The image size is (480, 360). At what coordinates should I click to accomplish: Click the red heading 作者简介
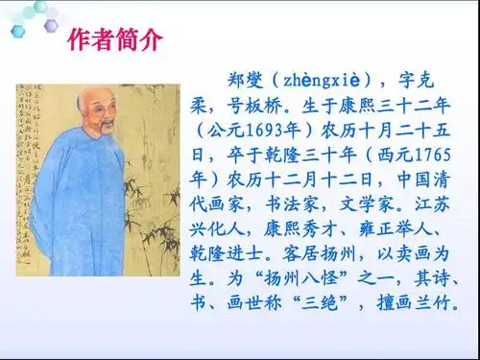pos(116,40)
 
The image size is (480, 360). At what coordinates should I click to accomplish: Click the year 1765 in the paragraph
pos(448,153)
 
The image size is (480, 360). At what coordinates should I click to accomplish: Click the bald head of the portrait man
pos(90,100)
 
